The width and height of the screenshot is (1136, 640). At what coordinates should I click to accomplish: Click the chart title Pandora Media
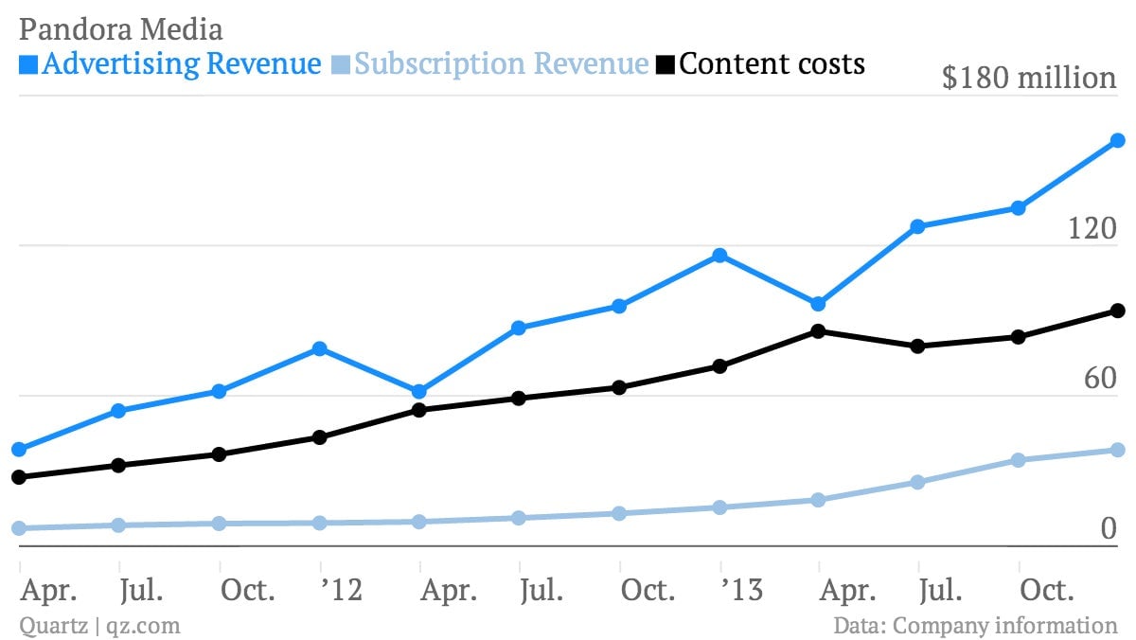[121, 29]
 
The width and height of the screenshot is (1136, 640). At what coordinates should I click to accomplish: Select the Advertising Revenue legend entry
[169, 63]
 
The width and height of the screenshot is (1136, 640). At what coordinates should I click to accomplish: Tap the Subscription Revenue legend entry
[490, 63]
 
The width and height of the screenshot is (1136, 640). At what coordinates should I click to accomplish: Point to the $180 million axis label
[1029, 78]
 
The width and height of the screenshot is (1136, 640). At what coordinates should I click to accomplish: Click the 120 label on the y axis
[1092, 228]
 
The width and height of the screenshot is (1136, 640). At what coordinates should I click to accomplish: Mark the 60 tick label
[1100, 379]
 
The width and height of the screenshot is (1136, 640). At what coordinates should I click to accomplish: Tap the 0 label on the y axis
[1109, 528]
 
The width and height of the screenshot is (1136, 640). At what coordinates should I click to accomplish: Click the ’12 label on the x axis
[342, 590]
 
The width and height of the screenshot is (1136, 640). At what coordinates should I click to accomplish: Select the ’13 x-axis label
[742, 590]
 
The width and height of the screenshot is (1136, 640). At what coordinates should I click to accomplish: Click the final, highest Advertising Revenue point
[1118, 140]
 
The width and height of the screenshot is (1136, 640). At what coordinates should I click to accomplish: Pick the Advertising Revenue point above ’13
[719, 255]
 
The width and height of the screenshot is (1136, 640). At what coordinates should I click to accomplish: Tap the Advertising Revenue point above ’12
[320, 348]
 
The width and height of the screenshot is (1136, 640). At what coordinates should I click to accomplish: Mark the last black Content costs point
[1118, 311]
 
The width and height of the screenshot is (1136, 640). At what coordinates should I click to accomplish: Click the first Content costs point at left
[19, 477]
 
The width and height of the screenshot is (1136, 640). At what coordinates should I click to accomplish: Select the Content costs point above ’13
[719, 366]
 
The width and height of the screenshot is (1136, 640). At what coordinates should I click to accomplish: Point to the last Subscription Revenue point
[1118, 450]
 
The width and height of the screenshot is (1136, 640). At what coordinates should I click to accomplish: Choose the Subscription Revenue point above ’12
[320, 523]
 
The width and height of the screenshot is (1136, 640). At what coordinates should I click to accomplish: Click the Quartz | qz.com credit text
[100, 626]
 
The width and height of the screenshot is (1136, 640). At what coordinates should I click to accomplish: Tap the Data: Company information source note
[975, 625]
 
